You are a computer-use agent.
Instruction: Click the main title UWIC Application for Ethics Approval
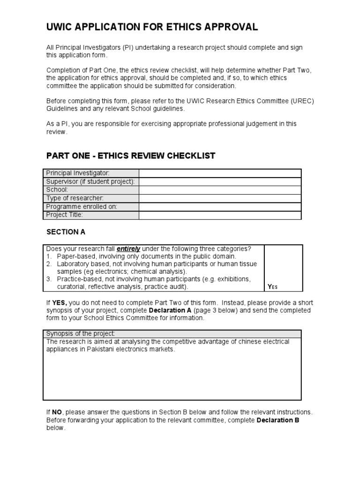(x=152, y=27)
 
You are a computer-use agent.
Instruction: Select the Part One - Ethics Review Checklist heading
(x=130, y=156)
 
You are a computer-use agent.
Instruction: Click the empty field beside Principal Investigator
(x=220, y=173)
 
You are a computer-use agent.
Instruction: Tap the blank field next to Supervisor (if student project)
(x=220, y=182)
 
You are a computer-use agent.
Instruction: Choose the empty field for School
(x=220, y=190)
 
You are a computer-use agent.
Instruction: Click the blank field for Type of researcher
(x=220, y=198)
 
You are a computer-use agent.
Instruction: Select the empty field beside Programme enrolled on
(x=220, y=207)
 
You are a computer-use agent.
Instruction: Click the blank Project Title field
(x=220, y=215)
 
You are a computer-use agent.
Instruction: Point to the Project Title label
(x=64, y=215)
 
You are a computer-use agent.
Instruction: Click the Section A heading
(x=66, y=232)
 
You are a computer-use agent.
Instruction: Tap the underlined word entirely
(x=128, y=249)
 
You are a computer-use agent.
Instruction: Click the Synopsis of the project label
(x=80, y=333)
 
